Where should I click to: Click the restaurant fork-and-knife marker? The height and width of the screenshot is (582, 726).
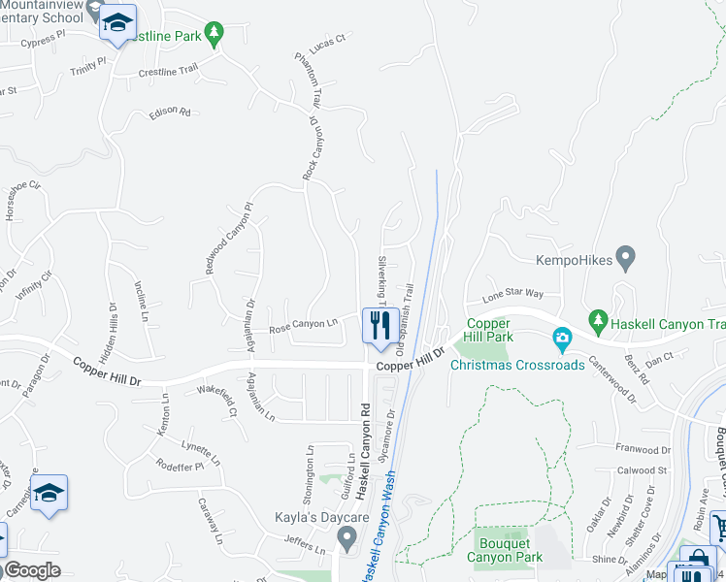[378, 324]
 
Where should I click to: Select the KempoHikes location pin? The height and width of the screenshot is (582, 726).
[626, 260]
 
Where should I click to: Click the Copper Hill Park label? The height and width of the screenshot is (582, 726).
[488, 330]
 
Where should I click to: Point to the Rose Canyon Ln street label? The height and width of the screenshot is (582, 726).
[302, 326]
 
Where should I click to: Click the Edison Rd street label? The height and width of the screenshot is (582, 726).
[170, 113]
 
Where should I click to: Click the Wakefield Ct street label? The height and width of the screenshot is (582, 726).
[217, 398]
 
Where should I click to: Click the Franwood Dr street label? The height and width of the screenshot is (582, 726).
[643, 449]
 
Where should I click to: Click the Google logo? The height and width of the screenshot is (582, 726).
[32, 569]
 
